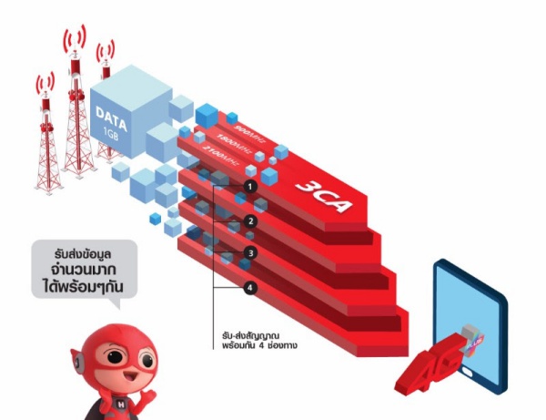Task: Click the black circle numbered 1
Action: click(x=250, y=186)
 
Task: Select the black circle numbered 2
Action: click(x=250, y=220)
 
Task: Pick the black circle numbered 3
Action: click(x=250, y=253)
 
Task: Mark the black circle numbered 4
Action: click(x=250, y=287)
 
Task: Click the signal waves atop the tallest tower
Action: click(x=74, y=38)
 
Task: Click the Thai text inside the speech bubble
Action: click(x=83, y=270)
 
